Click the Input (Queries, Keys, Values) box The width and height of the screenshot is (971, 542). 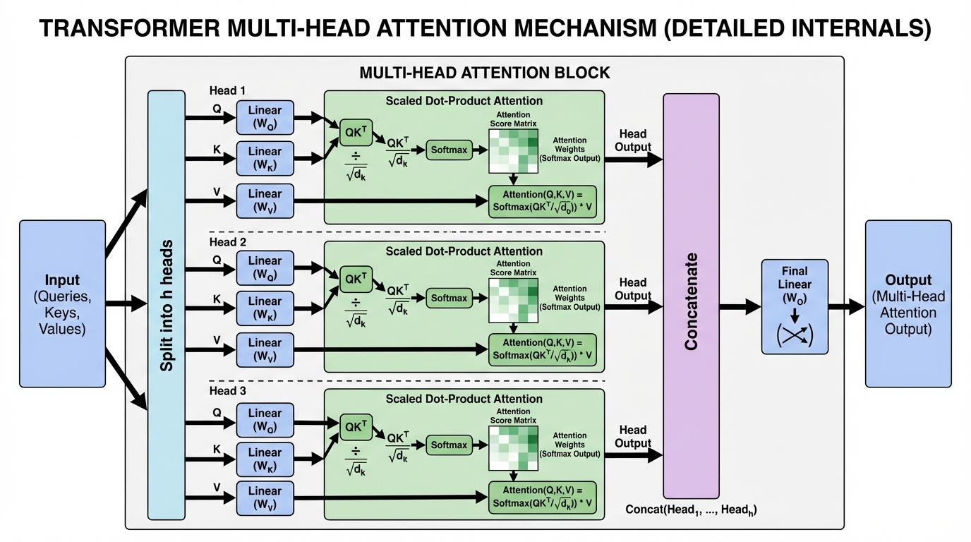(62, 303)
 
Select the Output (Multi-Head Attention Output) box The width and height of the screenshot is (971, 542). (908, 303)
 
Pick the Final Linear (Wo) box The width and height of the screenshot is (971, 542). (795, 306)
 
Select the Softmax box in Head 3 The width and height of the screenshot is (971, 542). (450, 445)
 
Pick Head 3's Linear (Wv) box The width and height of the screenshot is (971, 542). (265, 498)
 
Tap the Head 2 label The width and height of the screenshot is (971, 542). (227, 243)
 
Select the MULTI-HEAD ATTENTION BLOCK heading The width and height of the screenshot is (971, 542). (484, 73)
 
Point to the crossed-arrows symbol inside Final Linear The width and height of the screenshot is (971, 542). (795, 336)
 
